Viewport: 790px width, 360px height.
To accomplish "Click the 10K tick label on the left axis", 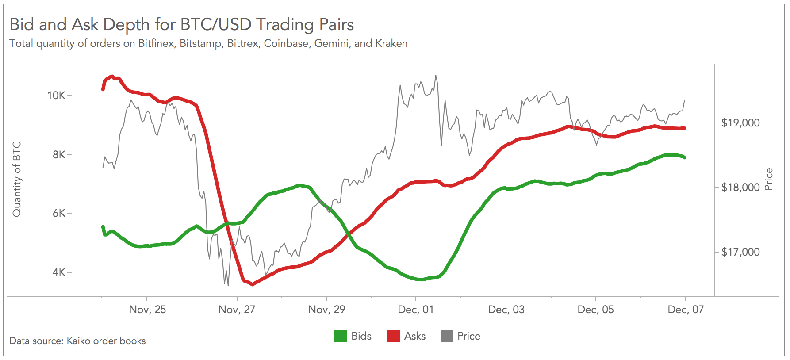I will point(56,96).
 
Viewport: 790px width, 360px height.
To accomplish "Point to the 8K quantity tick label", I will point(59,155).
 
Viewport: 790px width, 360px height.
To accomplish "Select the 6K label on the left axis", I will point(59,213).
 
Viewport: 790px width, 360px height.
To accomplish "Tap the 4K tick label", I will point(59,272).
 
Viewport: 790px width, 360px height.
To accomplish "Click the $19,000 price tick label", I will point(740,123).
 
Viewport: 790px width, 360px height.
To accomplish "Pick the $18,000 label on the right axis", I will point(740,188).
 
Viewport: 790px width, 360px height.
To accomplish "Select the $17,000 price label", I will point(740,252).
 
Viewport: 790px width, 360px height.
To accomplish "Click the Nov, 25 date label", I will point(147,310).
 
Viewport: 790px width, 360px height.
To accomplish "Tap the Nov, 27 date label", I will point(237,310).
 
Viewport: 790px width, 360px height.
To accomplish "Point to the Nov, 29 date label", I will point(326,310).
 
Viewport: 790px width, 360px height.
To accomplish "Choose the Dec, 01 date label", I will point(416,310).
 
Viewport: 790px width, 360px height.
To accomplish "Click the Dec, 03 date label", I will point(506,310).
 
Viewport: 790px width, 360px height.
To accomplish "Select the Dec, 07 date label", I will point(685,310).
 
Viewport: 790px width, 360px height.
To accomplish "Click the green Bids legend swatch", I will point(340,336).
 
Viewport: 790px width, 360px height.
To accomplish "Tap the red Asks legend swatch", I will point(393,336).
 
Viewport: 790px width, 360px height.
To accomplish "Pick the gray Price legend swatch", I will point(447,336).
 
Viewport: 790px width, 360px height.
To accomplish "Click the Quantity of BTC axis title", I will point(17,179).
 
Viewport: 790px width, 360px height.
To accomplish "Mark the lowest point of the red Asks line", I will point(253,284).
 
